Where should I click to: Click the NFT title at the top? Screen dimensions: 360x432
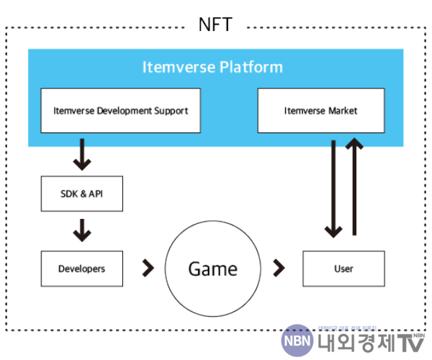tap(215, 25)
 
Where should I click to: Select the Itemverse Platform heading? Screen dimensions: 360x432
tap(212, 68)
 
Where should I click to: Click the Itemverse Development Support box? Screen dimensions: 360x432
tap(120, 111)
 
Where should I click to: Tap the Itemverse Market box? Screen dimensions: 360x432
tap(321, 111)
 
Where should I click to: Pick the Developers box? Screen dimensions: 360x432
tap(82, 269)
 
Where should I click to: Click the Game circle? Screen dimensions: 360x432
tap(212, 269)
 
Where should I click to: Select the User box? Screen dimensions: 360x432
tap(344, 269)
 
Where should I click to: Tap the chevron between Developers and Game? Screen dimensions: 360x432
tap(148, 269)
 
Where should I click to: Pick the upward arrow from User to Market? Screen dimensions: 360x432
tap(354, 187)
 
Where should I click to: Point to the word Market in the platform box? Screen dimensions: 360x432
tap(341, 111)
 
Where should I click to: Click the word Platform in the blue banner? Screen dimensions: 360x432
tap(251, 68)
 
